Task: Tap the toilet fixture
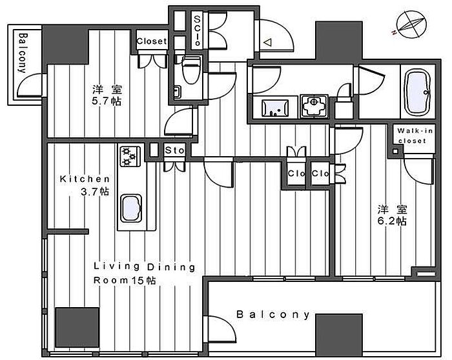click(x=191, y=69)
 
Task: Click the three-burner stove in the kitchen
click(x=130, y=156)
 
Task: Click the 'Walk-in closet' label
click(x=415, y=135)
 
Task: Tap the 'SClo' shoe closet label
click(x=197, y=31)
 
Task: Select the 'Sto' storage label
click(x=175, y=150)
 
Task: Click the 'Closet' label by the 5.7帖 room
click(x=152, y=41)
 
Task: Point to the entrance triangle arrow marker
click(x=267, y=43)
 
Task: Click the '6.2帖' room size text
click(x=392, y=221)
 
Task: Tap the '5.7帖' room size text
click(x=107, y=101)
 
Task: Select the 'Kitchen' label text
click(x=85, y=179)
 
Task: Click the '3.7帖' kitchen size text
click(x=94, y=192)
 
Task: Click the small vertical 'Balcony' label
click(x=23, y=53)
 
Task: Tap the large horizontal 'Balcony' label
click(x=272, y=314)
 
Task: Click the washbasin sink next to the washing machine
click(x=275, y=108)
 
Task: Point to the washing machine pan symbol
click(x=314, y=106)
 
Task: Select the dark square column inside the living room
click(x=77, y=328)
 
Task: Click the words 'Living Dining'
click(x=145, y=267)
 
